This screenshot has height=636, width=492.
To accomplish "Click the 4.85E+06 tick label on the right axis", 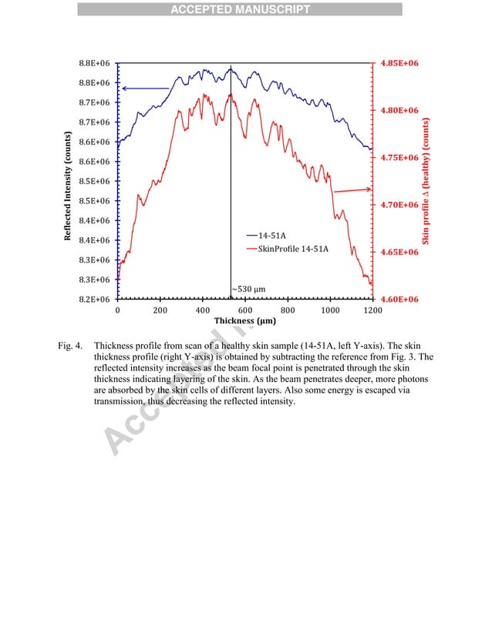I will point(399,63).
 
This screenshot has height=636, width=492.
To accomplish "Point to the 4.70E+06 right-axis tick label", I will point(399,205).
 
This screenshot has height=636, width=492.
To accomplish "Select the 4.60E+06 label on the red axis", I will point(399,299).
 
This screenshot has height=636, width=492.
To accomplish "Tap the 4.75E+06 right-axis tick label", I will point(399,157).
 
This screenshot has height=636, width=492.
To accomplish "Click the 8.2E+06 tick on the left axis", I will point(93,299).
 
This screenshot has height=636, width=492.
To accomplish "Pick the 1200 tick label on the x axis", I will point(372,310).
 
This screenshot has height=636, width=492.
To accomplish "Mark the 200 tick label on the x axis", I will point(160,310).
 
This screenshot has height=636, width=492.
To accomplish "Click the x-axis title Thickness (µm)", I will point(245,321).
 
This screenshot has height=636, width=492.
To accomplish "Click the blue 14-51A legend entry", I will point(274,235).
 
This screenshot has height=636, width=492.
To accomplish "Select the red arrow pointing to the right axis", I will point(351,189).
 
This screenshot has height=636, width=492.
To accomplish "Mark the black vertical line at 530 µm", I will point(231,192).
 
